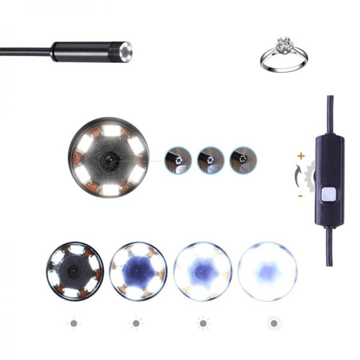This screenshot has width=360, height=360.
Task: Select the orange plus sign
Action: [300, 156]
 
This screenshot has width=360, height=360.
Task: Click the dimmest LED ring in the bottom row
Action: [74, 271]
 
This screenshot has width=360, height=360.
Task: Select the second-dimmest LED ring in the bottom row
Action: [137, 271]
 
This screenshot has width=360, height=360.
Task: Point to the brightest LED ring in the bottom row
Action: [267, 271]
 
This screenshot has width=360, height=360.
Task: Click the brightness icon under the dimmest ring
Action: [74, 323]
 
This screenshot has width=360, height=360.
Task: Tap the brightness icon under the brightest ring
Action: [274, 323]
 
